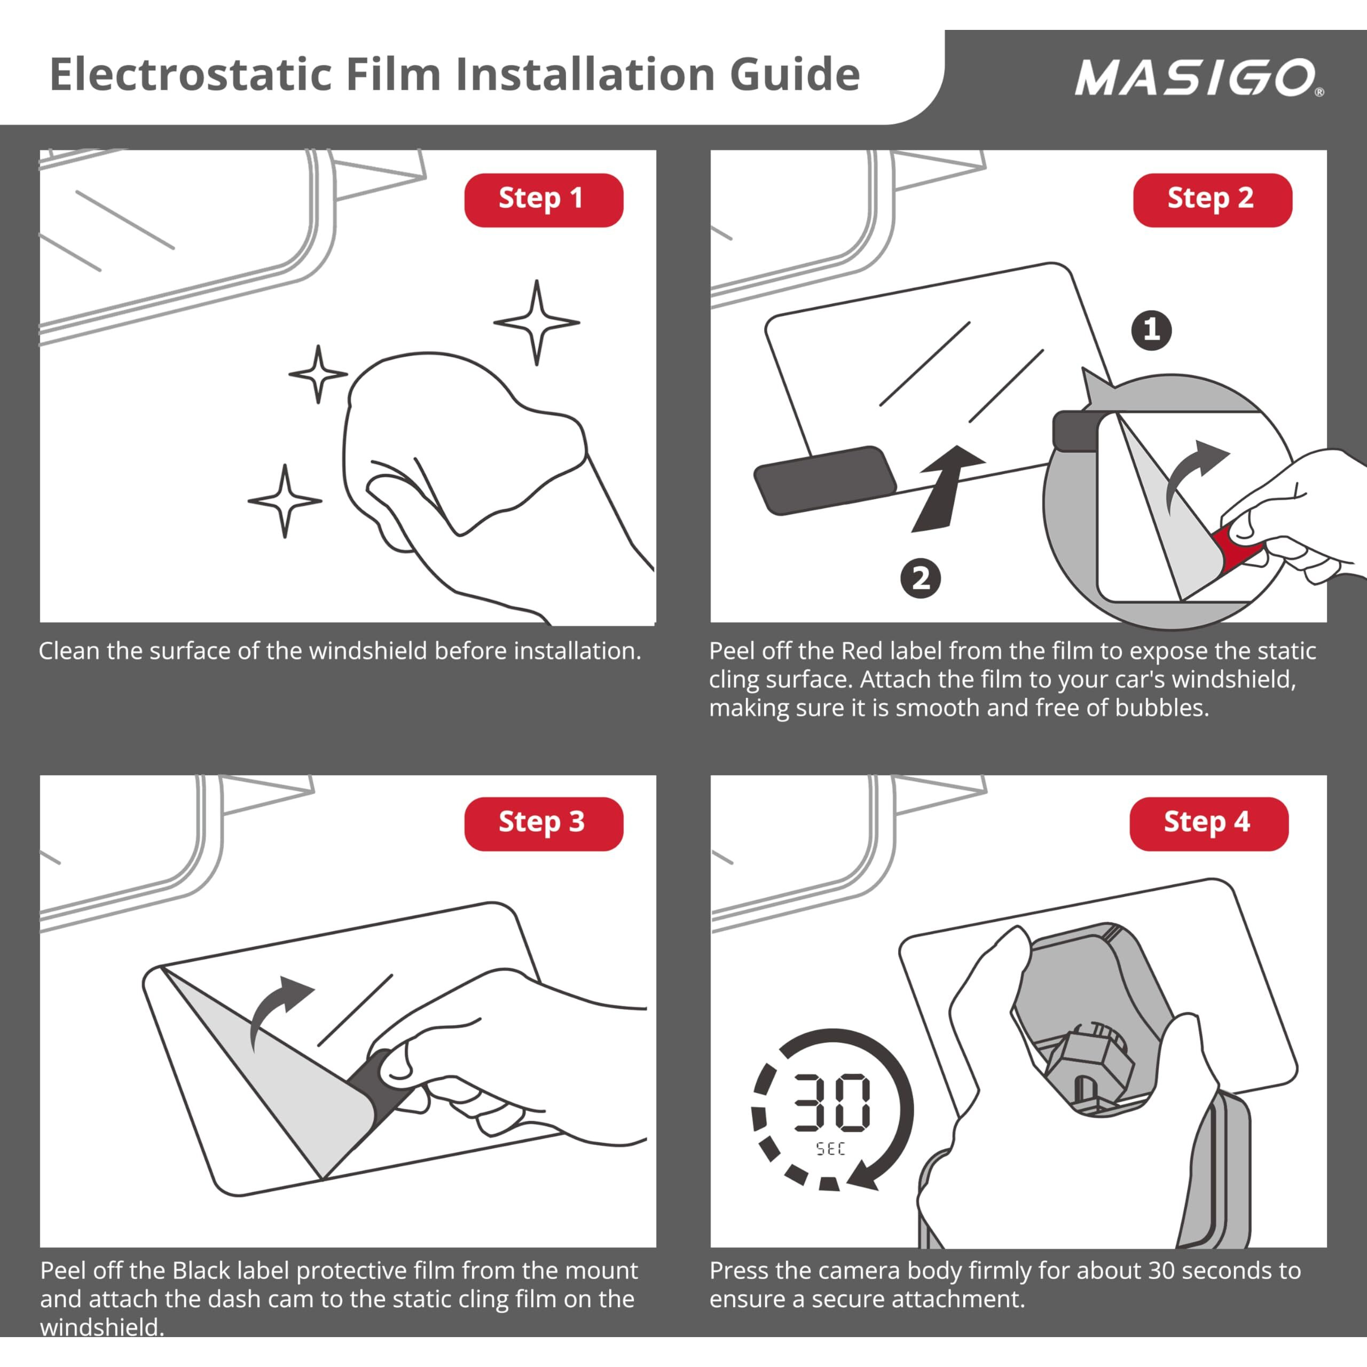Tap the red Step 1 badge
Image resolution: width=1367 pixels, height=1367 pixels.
pyautogui.click(x=544, y=200)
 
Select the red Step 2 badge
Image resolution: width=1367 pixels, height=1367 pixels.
pyautogui.click(x=1212, y=200)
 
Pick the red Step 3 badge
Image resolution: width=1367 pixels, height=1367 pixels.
pyautogui.click(x=544, y=823)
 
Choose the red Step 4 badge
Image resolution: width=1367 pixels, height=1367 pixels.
pyautogui.click(x=1208, y=823)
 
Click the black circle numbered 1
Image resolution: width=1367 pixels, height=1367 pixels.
pyautogui.click(x=1151, y=329)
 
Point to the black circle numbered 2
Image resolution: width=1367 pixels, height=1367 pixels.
pyautogui.click(x=921, y=578)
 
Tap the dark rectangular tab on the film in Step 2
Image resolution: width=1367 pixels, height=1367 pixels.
pyautogui.click(x=825, y=481)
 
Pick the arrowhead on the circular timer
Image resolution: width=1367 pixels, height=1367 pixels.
pyautogui.click(x=865, y=1176)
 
